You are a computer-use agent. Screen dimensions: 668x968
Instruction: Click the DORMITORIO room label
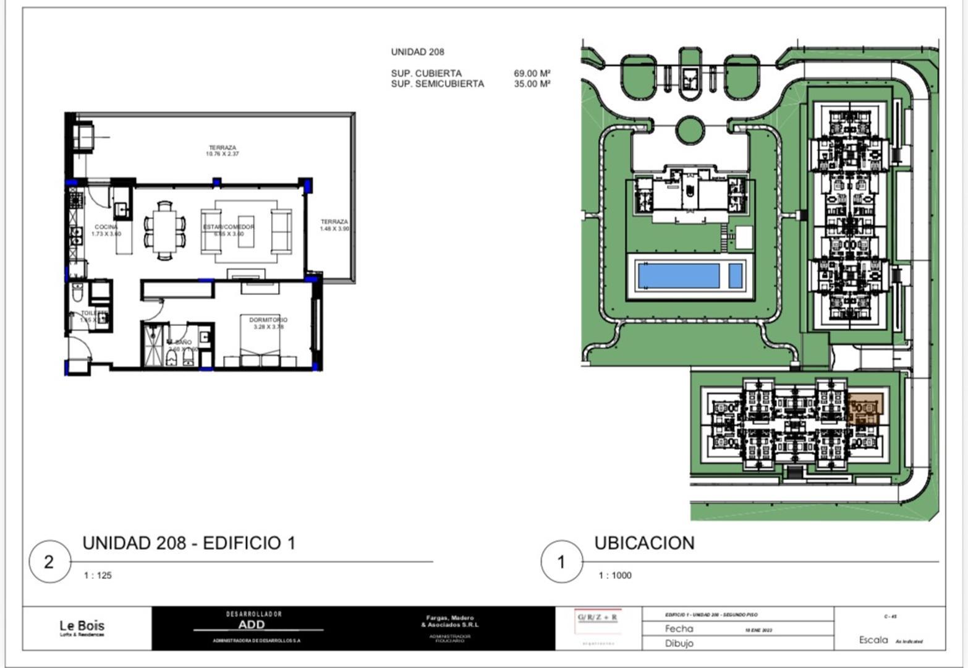(268, 320)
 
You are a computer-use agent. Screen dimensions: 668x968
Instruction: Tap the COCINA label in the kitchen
(106, 228)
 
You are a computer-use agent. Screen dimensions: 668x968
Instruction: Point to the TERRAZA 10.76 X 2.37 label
(222, 148)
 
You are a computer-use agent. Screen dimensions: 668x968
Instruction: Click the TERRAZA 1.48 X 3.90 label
(334, 222)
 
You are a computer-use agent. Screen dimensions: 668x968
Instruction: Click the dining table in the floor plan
(164, 229)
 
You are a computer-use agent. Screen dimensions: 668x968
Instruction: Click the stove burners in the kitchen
(76, 199)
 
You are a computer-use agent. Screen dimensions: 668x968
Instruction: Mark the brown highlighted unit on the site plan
(865, 408)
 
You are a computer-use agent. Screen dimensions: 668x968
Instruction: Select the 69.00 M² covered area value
(532, 74)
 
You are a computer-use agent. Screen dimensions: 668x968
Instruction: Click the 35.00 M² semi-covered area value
(532, 84)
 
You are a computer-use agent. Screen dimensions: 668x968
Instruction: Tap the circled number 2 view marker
(49, 562)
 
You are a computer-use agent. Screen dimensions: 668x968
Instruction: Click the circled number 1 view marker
(561, 562)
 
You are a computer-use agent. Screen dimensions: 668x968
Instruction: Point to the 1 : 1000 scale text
(615, 576)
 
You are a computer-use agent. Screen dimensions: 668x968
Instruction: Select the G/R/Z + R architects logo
(597, 618)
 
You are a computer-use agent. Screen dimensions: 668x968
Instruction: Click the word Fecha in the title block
(679, 629)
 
